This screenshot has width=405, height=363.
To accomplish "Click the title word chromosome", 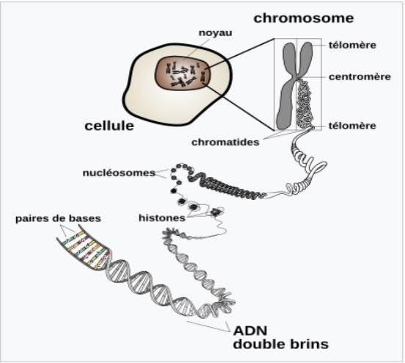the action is coord(304,18).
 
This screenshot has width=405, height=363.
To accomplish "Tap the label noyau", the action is coord(216,33).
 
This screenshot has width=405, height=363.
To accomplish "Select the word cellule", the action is coord(109,126).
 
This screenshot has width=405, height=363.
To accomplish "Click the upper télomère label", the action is coord(352,46).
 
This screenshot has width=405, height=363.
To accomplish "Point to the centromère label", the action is coord(360,77).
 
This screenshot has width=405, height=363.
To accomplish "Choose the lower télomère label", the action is coord(352,126).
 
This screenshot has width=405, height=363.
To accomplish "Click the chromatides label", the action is coord(225,143).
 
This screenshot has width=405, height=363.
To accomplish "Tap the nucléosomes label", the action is coord(119,173).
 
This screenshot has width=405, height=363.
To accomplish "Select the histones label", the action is coord(162,218).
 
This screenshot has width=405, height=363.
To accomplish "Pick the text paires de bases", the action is coord(58,219).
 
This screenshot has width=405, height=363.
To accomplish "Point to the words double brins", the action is coord(281,345).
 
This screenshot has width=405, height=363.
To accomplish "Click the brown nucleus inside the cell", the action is coord(182,73).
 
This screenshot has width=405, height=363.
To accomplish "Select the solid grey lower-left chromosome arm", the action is coord(286,106).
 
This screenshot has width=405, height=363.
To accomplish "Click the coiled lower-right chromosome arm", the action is coord(304,105).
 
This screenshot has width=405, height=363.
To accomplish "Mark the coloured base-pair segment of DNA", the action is coord(84,248).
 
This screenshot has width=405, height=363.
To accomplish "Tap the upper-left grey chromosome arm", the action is coord(289,60).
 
